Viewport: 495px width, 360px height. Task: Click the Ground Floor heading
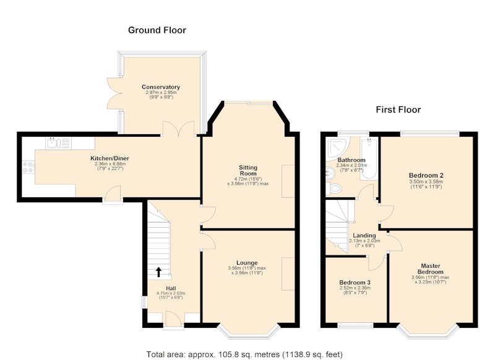pyautogui.click(x=157, y=30)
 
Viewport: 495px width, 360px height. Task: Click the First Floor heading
pyautogui.click(x=398, y=110)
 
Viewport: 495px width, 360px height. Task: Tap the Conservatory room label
pyautogui.click(x=161, y=87)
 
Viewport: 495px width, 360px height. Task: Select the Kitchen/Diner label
pyautogui.click(x=110, y=158)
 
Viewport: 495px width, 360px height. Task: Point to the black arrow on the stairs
pyautogui.click(x=159, y=272)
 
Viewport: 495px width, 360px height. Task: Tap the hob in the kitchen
pyautogui.click(x=28, y=167)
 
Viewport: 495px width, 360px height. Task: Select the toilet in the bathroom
pyautogui.click(x=334, y=189)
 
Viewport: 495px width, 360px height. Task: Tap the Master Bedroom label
pyautogui.click(x=431, y=269)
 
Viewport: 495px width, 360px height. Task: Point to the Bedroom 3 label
pyautogui.click(x=355, y=283)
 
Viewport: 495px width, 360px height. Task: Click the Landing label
pyautogui.click(x=364, y=236)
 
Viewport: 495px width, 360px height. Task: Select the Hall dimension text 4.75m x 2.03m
pyautogui.click(x=171, y=293)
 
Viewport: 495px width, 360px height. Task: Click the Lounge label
pyautogui.click(x=247, y=263)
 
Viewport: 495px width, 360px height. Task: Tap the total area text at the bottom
pyautogui.click(x=244, y=354)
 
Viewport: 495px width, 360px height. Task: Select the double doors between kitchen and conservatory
pyautogui.click(x=178, y=129)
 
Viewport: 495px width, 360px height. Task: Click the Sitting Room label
pyautogui.click(x=248, y=170)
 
